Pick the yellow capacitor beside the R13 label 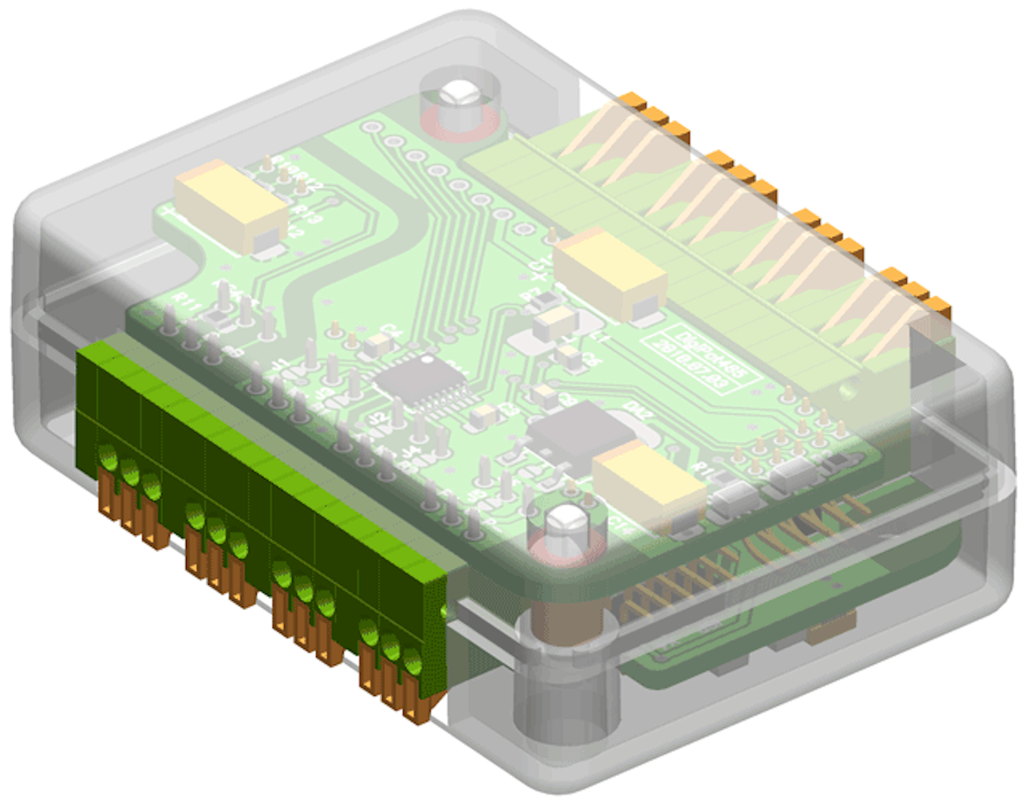tap(229, 204)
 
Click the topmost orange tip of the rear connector tap(632, 100)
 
